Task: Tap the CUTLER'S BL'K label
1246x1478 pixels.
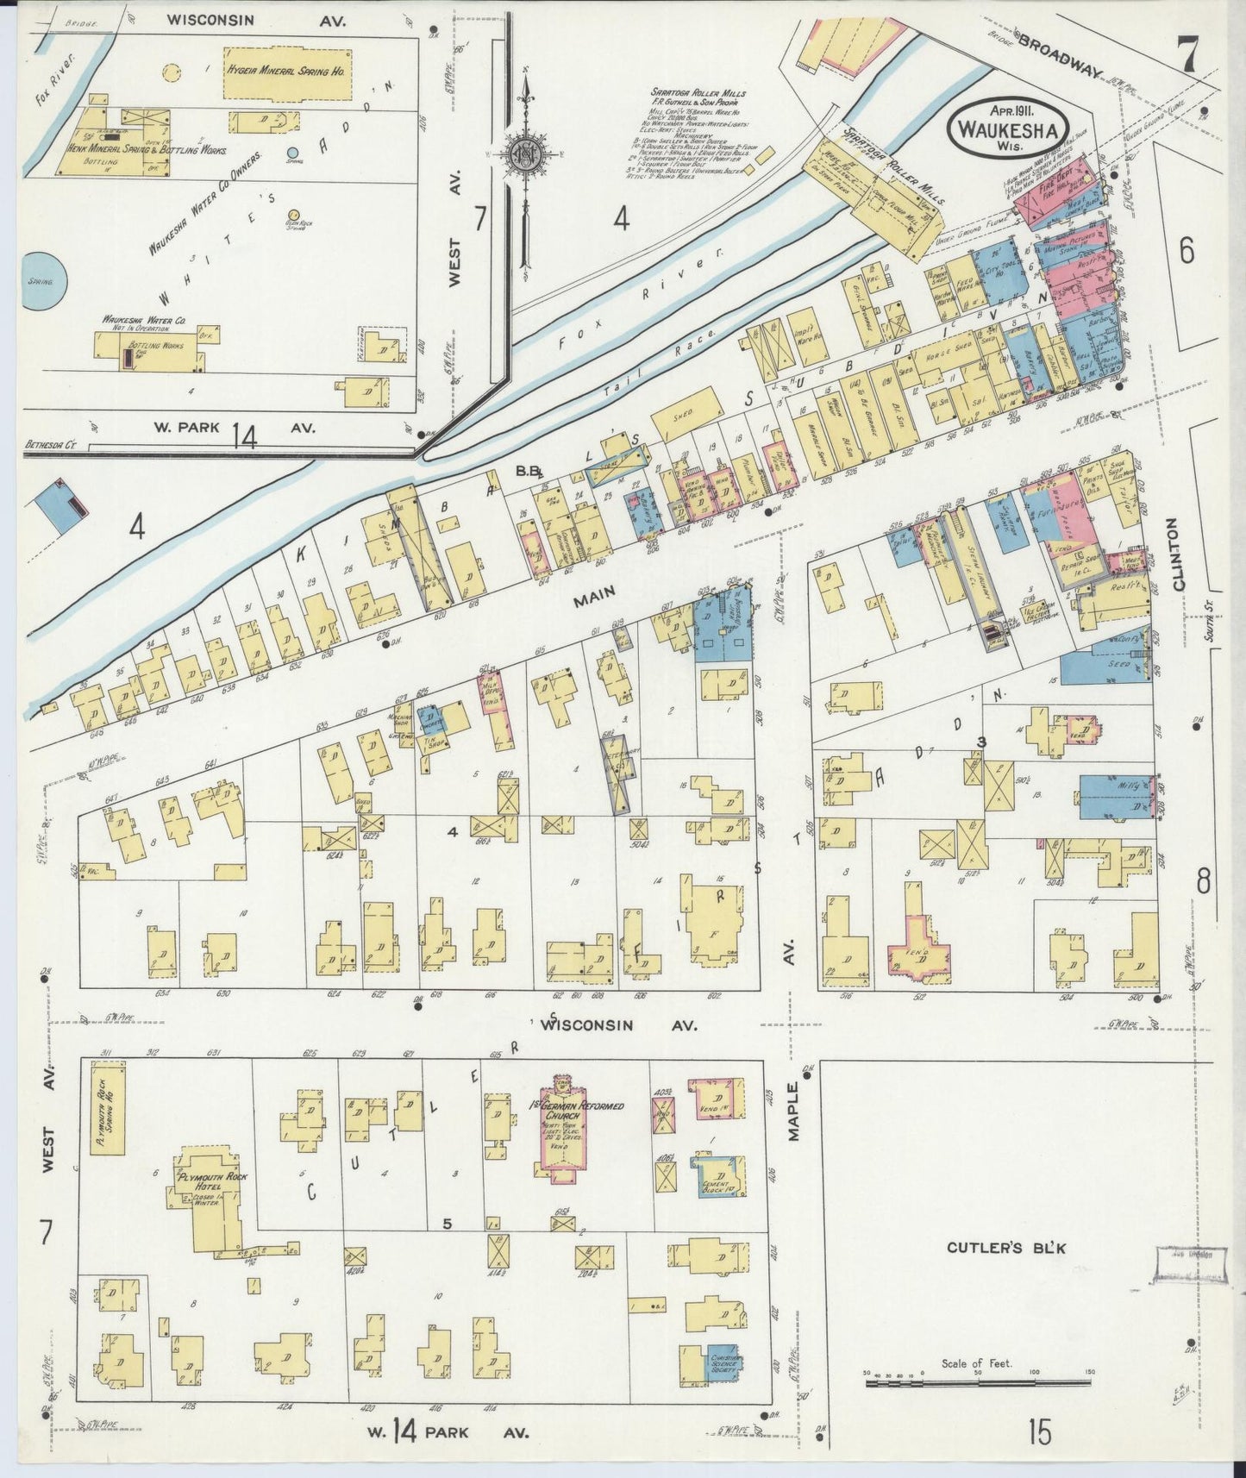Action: point(1006,1248)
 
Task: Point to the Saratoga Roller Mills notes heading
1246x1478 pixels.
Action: point(699,93)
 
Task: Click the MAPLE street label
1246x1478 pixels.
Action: point(794,1113)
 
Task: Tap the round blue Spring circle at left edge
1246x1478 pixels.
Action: point(37,282)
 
